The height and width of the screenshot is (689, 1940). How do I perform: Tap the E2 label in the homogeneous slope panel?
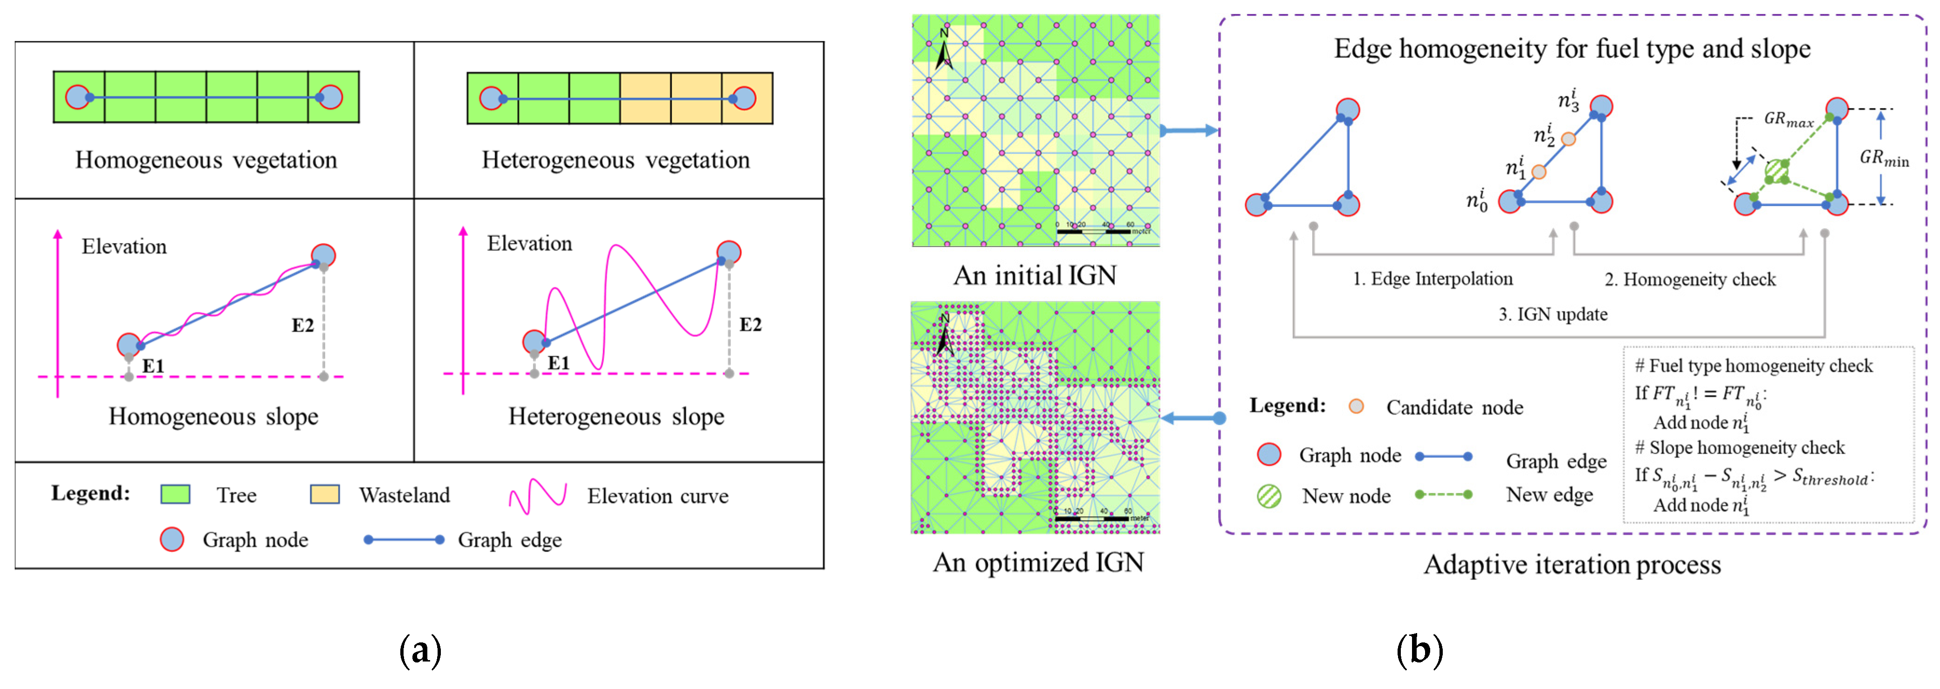303,325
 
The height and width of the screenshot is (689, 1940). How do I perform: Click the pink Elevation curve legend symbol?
537,496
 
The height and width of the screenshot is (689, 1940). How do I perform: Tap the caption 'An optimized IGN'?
1038,562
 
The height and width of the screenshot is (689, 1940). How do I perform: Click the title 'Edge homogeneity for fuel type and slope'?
1572,49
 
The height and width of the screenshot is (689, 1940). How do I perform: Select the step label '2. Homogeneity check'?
1689,280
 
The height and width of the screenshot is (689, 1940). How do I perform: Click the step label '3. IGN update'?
1552,314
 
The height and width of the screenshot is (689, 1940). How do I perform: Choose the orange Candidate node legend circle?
1357,407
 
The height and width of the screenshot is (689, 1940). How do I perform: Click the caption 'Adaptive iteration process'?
1572,565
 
